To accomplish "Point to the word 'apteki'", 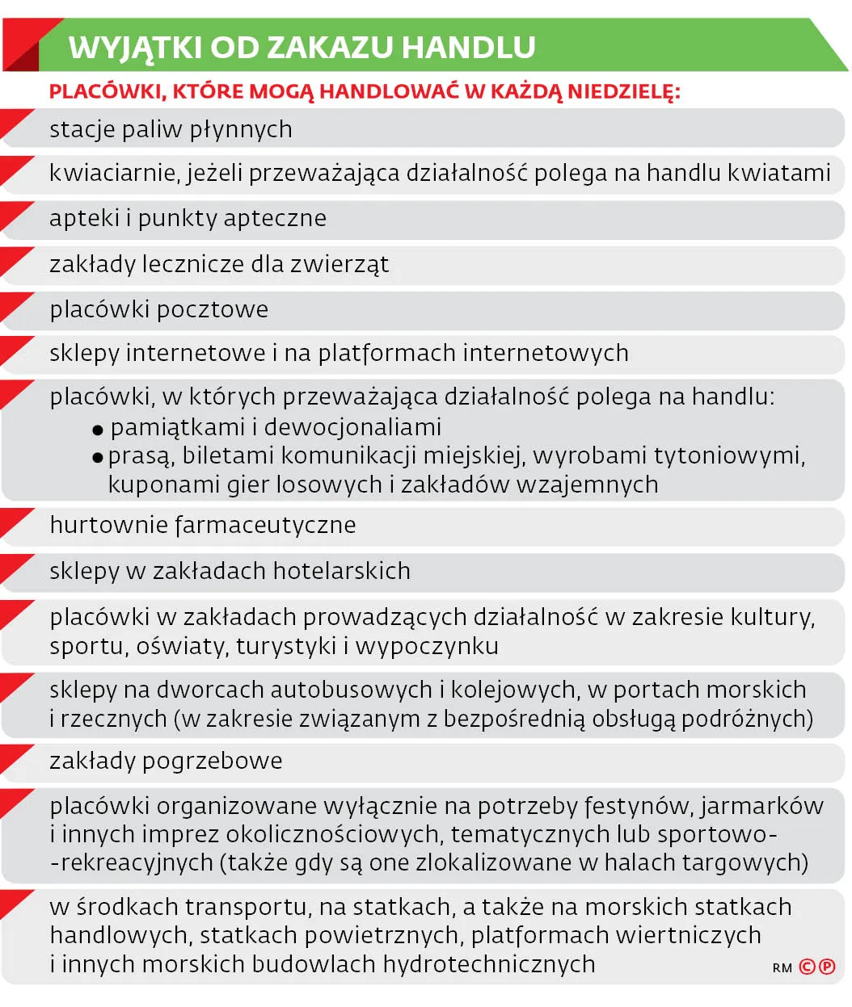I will pos(84,218).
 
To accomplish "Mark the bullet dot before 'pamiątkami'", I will pos(98,430).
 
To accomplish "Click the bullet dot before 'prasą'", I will pos(98,458).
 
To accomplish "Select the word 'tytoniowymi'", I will pos(729,456).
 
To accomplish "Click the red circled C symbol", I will pos(807,967).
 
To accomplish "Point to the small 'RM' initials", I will pos(782,967).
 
